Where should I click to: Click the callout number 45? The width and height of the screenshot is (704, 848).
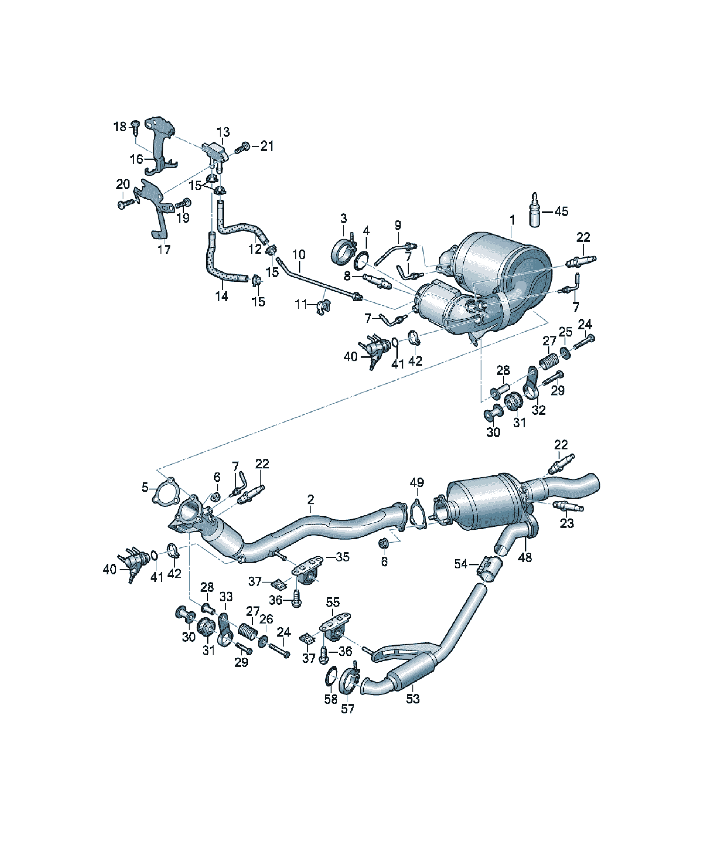point(561,211)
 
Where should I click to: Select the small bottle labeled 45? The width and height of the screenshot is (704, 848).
point(535,210)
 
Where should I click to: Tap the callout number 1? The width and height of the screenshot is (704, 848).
point(512,220)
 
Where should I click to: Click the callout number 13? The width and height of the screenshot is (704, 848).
point(223,132)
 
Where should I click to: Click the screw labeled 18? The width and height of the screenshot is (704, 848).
point(136,128)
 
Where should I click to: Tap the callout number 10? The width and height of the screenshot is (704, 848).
point(299,255)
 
